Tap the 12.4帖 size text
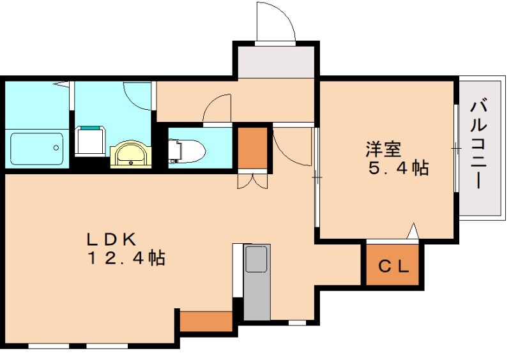pyautogui.click(x=127, y=259)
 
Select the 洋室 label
pyautogui.click(x=383, y=149)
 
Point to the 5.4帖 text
pyautogui.click(x=398, y=169)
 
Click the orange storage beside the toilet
pyautogui.click(x=253, y=147)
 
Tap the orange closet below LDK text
pyautogui.click(x=205, y=320)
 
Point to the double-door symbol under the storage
pyautogui.click(x=253, y=181)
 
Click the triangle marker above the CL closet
pyautogui.click(x=413, y=231)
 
